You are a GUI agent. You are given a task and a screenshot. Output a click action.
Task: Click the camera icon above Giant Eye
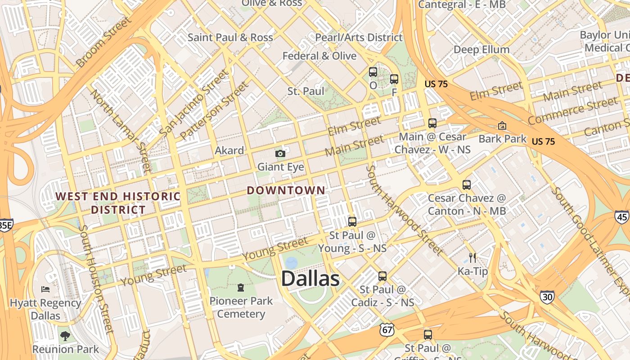click(x=280, y=154)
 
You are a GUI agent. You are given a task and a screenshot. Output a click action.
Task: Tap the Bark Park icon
click(x=502, y=126)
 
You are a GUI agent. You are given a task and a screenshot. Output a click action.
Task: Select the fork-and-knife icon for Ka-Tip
click(x=472, y=257)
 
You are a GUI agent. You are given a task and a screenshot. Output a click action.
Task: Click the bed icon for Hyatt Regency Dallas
click(x=45, y=289)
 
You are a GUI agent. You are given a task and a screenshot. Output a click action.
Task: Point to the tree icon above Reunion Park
click(x=65, y=335)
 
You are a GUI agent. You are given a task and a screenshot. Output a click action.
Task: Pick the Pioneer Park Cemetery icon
click(x=241, y=287)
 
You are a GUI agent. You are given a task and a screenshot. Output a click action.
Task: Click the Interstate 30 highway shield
click(x=547, y=297)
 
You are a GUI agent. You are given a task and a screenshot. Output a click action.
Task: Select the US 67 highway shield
click(x=387, y=329)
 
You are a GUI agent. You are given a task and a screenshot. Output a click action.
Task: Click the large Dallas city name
click(x=310, y=279)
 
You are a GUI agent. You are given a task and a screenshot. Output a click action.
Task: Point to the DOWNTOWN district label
click(x=286, y=190)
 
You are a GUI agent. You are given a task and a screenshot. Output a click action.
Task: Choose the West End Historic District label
click(x=118, y=203)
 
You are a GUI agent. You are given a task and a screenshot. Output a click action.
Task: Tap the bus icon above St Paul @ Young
click(x=352, y=221)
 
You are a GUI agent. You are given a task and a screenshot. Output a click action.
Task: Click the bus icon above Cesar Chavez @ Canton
click(x=467, y=184)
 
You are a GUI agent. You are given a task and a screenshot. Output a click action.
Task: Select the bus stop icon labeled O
click(x=373, y=72)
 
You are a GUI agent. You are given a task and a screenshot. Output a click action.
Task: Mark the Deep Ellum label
click(x=481, y=49)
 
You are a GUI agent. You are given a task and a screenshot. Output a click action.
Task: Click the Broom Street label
click(x=104, y=42)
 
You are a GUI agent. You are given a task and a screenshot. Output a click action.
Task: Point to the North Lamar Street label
click(x=120, y=131)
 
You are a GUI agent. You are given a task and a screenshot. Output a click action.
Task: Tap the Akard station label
click(x=229, y=150)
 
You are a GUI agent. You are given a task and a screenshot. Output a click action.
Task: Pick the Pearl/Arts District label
click(x=359, y=37)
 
